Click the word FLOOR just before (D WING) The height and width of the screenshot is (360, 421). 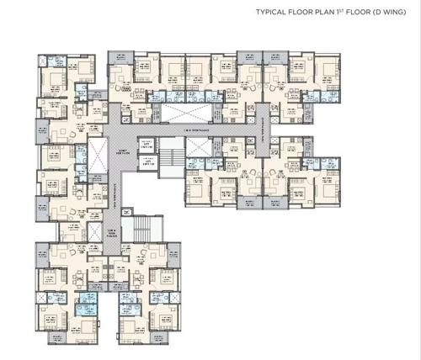(351, 13)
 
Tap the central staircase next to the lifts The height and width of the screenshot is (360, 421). (171, 156)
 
